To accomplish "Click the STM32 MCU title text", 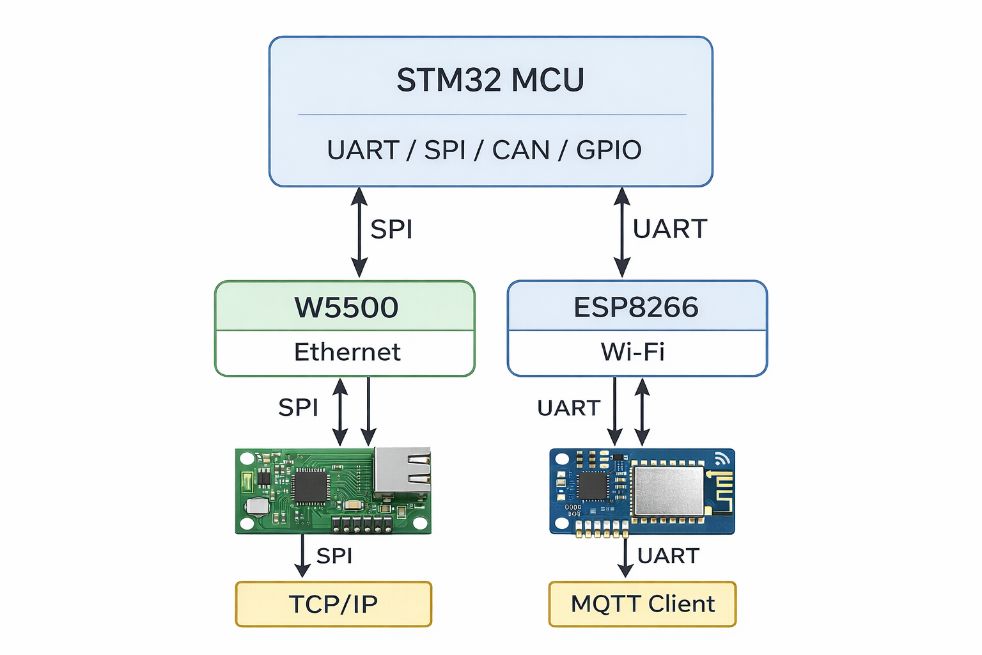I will tap(490, 80).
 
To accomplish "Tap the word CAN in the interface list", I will tap(520, 150).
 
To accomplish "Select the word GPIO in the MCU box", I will tap(609, 150).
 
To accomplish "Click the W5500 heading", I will tap(346, 308).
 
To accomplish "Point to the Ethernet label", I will tap(347, 352).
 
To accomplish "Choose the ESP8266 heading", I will tap(635, 308).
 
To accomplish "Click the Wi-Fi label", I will tap(632, 352).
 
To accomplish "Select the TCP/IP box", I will tap(334, 604).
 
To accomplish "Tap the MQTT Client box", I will tap(643, 604).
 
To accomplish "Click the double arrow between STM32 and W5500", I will tap(359, 232).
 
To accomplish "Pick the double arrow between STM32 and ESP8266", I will tap(622, 232).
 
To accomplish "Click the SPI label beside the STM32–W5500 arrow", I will tap(391, 229).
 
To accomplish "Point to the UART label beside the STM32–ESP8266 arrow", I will tap(670, 229).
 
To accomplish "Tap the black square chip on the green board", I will tap(310, 487).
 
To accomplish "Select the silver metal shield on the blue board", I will tap(668, 491).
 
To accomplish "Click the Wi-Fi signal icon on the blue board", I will tap(723, 458).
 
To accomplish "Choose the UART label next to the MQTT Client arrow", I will tap(668, 556).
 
